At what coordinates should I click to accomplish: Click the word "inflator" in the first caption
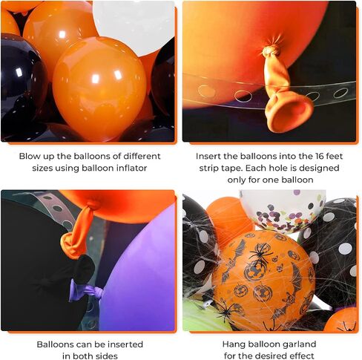(131, 168)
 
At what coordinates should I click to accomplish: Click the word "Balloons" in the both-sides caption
(55, 344)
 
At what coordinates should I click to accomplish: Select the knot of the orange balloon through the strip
(271, 51)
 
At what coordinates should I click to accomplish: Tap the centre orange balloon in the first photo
(99, 88)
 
